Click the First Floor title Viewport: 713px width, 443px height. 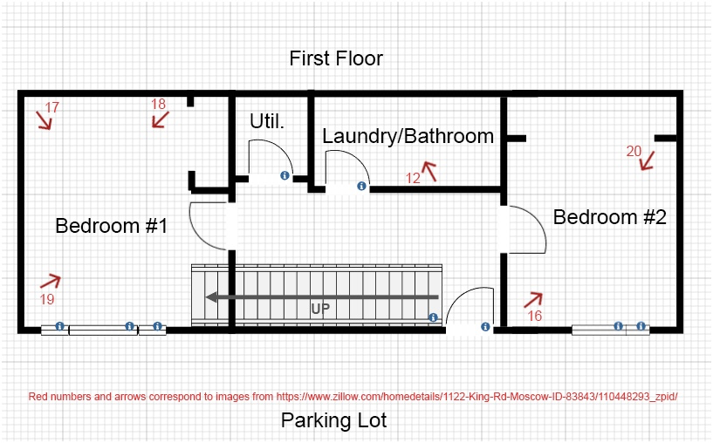tap(336, 58)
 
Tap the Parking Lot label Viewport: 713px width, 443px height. tap(333, 420)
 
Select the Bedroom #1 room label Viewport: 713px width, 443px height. tap(112, 226)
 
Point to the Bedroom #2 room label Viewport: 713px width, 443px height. tap(610, 217)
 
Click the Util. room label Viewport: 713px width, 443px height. tap(267, 121)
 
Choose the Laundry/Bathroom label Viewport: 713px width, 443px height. tap(408, 136)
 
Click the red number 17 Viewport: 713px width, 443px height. tap(51, 107)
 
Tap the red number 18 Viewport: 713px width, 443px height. tap(158, 104)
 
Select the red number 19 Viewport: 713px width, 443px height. tap(47, 299)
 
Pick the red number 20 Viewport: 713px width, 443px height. tap(634, 151)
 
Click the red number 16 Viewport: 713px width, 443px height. tap(535, 316)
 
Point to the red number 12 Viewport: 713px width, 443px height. tap(413, 178)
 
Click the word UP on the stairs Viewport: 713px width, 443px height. tap(320, 309)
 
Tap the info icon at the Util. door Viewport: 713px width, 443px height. tap(285, 175)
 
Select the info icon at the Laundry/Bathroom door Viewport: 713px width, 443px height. tap(361, 186)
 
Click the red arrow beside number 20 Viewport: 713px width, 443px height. tap(647, 161)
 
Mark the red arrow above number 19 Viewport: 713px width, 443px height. tap(51, 282)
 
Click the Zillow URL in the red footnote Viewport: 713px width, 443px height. tap(477, 397)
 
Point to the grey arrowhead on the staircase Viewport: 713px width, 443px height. tap(211, 297)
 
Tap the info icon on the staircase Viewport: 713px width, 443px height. tap(433, 317)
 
